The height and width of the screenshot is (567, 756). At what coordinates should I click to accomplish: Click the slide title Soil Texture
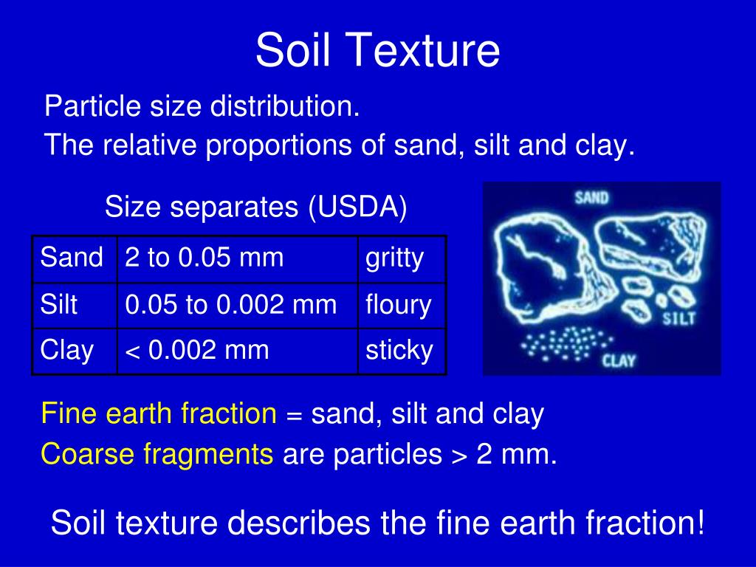[x=377, y=50]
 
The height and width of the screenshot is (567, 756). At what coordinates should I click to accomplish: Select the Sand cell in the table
[x=72, y=258]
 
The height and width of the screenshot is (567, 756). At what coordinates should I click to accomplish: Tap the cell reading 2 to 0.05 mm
[x=205, y=258]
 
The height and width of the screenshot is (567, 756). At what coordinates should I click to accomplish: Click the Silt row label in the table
[x=59, y=304]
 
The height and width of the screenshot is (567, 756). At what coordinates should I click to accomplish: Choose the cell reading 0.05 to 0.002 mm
[x=230, y=304]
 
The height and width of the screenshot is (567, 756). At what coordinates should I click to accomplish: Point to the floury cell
[x=399, y=304]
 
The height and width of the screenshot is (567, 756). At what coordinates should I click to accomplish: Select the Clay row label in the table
[x=66, y=350]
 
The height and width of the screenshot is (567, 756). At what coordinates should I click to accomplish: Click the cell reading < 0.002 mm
[x=197, y=350]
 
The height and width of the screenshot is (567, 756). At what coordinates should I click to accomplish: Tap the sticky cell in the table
[x=399, y=350]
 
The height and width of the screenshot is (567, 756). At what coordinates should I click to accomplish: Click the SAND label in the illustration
[x=591, y=198]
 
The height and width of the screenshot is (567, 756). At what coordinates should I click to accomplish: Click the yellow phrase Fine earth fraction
[x=159, y=413]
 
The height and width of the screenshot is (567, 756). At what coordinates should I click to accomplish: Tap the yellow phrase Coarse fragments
[x=157, y=454]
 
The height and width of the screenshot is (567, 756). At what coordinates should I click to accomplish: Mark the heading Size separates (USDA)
[x=255, y=207]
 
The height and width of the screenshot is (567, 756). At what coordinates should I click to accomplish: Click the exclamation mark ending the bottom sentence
[x=700, y=523]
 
